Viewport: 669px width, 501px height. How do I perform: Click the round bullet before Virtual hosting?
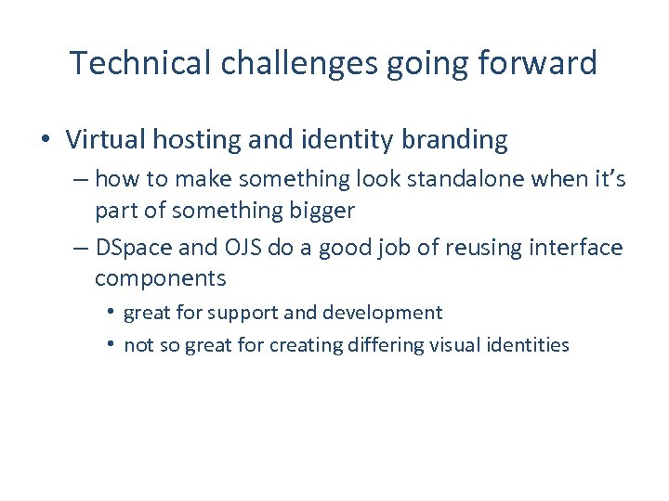tap(46, 141)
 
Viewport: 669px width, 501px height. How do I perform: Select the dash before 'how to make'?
tap(80, 178)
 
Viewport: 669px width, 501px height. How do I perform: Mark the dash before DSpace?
tap(80, 247)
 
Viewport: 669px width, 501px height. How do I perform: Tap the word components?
tap(160, 278)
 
